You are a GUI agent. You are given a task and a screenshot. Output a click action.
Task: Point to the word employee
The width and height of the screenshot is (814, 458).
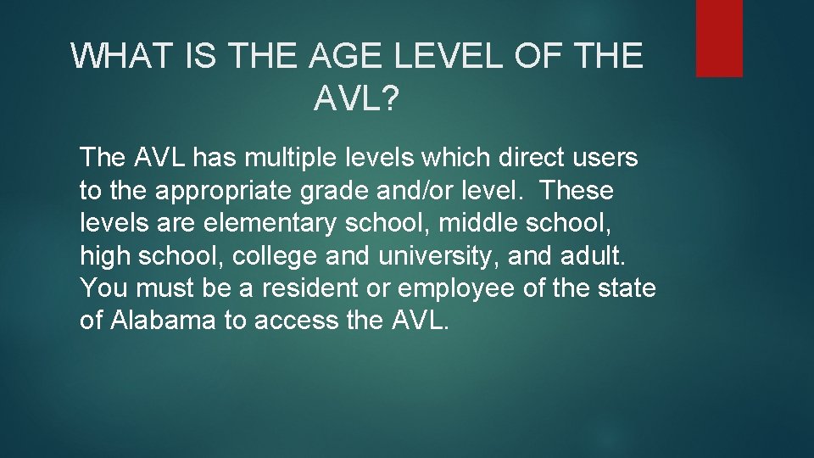point(455,288)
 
